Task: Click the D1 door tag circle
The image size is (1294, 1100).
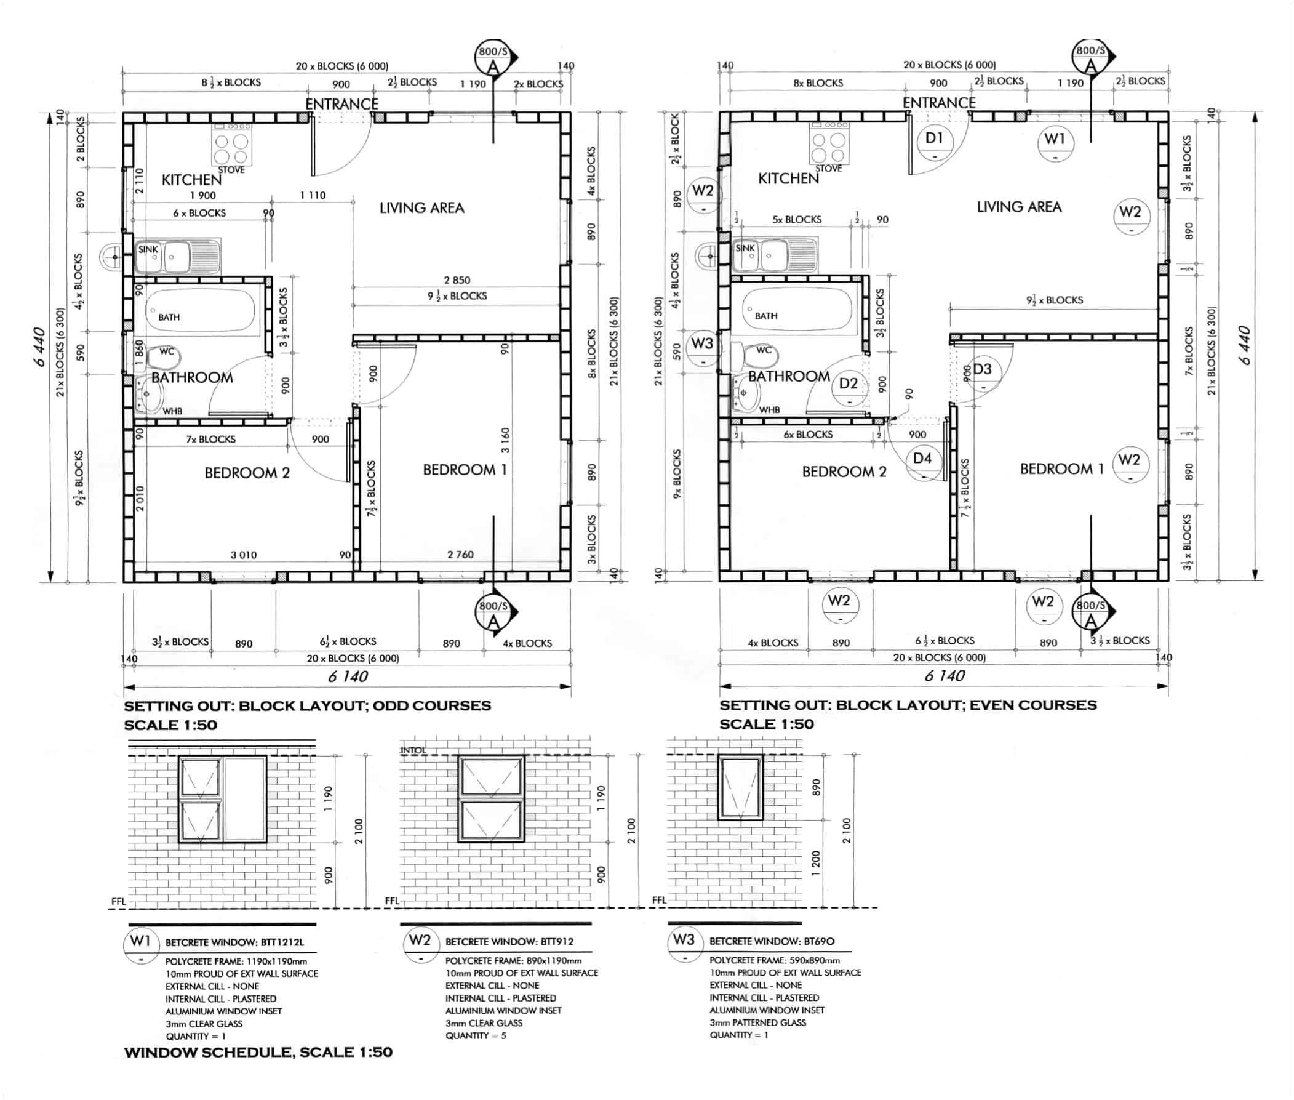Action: coord(933,143)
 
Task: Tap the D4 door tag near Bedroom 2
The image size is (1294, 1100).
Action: coord(922,464)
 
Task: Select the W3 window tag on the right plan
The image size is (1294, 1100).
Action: coord(702,348)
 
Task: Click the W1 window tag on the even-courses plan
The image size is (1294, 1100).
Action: coord(1055,143)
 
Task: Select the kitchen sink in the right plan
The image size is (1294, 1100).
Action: coord(773,254)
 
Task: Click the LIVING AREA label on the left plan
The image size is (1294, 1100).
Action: coord(421,207)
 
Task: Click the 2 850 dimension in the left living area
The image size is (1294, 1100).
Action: coord(457,280)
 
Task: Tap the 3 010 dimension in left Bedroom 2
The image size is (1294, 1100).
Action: coord(243,555)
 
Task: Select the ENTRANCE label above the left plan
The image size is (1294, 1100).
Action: coord(341,103)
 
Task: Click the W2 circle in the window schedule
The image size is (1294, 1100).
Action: coord(420,945)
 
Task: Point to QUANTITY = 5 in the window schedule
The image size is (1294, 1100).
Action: coord(476,1036)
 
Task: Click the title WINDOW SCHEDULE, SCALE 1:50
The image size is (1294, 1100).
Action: coord(258,1053)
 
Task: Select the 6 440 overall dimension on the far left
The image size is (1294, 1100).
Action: coord(39,346)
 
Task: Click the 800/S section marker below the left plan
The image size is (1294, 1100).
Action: coord(493,614)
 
